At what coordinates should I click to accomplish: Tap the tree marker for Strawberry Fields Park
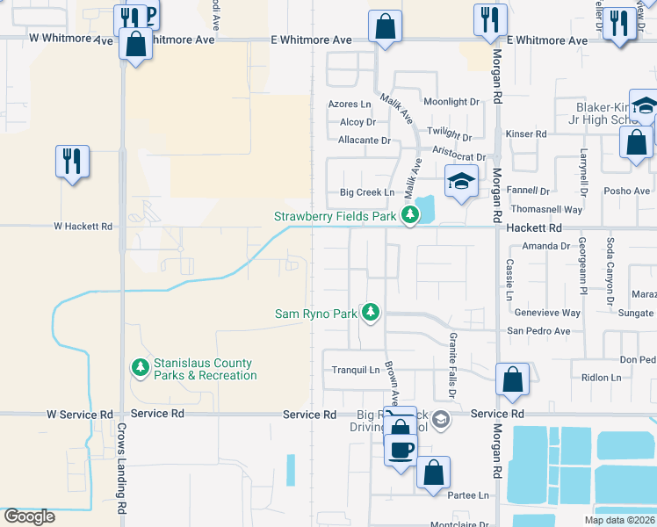409,215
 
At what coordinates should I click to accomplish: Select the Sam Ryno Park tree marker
371,313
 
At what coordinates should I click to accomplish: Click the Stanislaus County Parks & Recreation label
205,369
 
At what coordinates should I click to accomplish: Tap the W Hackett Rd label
83,226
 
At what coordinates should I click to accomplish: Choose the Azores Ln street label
350,104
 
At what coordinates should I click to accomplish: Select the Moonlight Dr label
451,102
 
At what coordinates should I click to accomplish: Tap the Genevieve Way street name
546,313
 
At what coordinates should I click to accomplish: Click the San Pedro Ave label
538,331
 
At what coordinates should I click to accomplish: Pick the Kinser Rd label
527,134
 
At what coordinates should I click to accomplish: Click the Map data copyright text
618,520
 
